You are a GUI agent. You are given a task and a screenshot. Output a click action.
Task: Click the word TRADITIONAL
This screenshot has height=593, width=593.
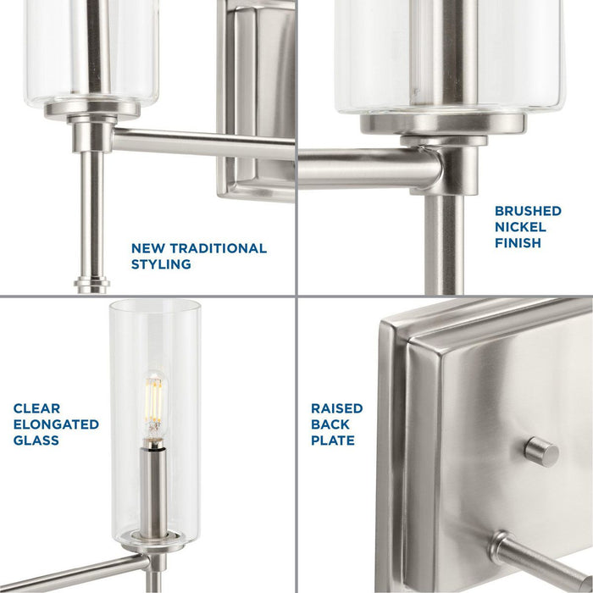(215, 248)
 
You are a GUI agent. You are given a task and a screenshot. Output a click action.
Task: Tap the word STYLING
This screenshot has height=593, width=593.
(161, 264)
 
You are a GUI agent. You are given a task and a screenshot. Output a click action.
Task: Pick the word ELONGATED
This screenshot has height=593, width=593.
(56, 424)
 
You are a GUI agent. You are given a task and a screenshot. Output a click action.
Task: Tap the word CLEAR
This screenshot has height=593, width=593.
(37, 408)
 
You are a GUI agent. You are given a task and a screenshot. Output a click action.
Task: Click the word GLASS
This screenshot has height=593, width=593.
(36, 441)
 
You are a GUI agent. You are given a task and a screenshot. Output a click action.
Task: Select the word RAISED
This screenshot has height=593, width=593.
(336, 408)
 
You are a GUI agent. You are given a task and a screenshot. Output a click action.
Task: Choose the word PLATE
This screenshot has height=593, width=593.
(332, 441)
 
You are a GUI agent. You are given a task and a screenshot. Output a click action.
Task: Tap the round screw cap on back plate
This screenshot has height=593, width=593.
(540, 452)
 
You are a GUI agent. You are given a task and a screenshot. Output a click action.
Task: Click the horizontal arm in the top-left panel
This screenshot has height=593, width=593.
(169, 141)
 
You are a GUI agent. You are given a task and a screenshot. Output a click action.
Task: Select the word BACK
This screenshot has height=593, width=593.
(330, 424)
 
